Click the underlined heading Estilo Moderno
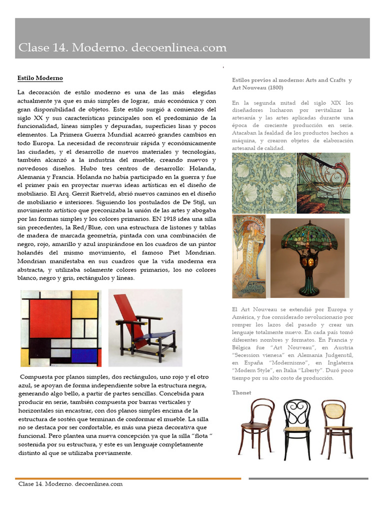pyautogui.click(x=40, y=78)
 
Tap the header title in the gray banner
pyautogui.click(x=122, y=48)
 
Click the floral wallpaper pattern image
pyautogui.click(x=263, y=183)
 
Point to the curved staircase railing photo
pyautogui.click(x=323, y=183)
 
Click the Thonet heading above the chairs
pyautogui.click(x=241, y=392)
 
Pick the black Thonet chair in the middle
pyautogui.click(x=297, y=427)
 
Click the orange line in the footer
pyautogui.click(x=127, y=478)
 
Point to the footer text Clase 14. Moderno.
pyautogui.click(x=70, y=484)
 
